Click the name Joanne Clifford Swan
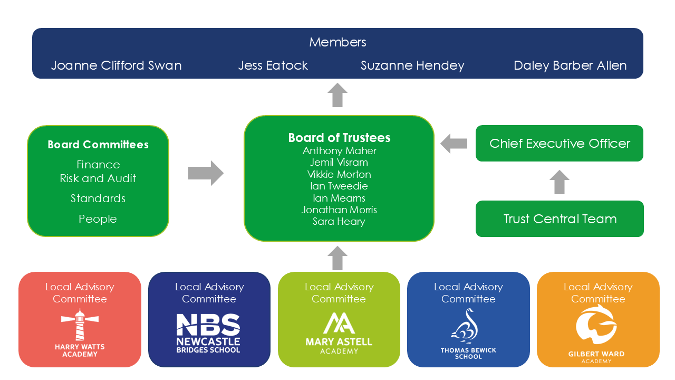coord(116,65)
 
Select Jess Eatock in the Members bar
coord(273,65)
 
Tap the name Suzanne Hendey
coord(412,65)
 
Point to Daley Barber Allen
coord(570,65)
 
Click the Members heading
coord(337,42)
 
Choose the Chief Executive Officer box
coord(560,144)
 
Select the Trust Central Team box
coord(560,219)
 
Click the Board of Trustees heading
coord(339,138)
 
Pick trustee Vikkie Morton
coord(339,174)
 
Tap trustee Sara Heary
coord(339,222)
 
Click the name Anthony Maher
coord(339,150)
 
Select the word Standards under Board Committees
coord(98,198)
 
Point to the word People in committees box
coord(98,219)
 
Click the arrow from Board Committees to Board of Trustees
coord(206,173)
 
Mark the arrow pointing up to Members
coord(337,96)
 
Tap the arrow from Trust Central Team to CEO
coord(560,182)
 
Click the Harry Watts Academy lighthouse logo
coord(80,325)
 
